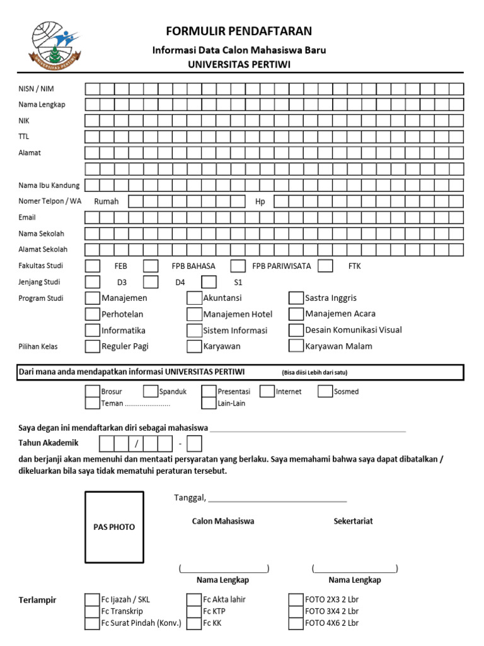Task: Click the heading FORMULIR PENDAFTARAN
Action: click(239, 32)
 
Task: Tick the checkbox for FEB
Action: click(92, 266)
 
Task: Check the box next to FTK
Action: click(325, 266)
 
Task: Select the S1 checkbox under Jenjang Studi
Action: click(209, 282)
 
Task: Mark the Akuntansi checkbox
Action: click(194, 298)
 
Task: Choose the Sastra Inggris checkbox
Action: click(296, 298)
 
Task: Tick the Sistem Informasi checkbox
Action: click(194, 330)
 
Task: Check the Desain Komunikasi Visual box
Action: click(296, 330)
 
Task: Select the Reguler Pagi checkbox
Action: click(92, 346)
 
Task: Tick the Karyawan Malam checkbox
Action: click(296, 346)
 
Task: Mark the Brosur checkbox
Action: click(92, 391)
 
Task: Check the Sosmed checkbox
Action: click(325, 391)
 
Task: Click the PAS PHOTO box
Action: click(114, 527)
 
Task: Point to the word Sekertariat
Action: click(353, 521)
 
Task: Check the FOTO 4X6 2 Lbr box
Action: click(296, 623)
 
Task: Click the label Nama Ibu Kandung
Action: click(49, 185)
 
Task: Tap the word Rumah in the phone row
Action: click(107, 201)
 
